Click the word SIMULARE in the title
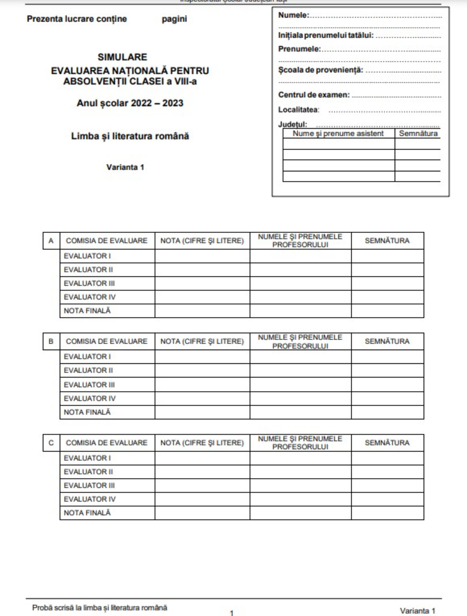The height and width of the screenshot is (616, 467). pyautogui.click(x=122, y=57)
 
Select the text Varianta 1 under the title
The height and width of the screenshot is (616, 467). pyautogui.click(x=125, y=167)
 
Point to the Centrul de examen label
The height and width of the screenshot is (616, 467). pyautogui.click(x=314, y=95)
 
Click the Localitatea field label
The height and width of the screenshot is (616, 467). pyautogui.click(x=299, y=110)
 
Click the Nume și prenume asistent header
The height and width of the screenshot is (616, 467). pyautogui.click(x=338, y=134)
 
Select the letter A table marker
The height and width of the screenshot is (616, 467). pyautogui.click(x=51, y=241)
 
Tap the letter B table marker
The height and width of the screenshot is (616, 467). pyautogui.click(x=51, y=341)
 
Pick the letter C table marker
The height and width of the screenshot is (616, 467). pyautogui.click(x=51, y=443)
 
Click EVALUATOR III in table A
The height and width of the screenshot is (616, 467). pyautogui.click(x=89, y=283)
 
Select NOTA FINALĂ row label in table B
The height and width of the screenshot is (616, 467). pyautogui.click(x=87, y=412)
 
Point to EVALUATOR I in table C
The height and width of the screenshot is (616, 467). pyautogui.click(x=87, y=458)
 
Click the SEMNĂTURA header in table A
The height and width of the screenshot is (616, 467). pyautogui.click(x=387, y=241)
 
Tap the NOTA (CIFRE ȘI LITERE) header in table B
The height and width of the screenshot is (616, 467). pyautogui.click(x=202, y=341)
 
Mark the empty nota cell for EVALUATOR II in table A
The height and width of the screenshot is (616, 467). pyautogui.click(x=202, y=270)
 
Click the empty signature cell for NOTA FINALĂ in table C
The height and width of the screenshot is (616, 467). pyautogui.click(x=387, y=513)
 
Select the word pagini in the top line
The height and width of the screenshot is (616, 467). pyautogui.click(x=174, y=19)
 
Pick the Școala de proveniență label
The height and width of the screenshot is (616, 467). pyautogui.click(x=321, y=70)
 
